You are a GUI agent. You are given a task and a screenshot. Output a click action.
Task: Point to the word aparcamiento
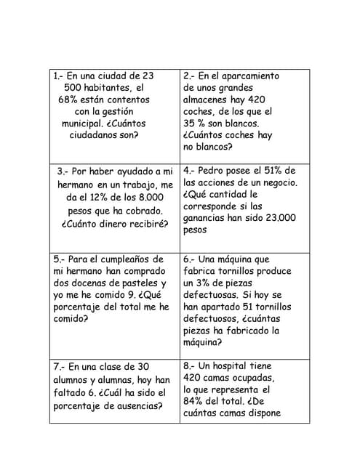click(x=246, y=76)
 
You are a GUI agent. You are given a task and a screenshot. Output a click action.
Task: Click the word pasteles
click(x=138, y=282)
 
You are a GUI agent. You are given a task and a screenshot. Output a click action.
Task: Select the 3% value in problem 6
click(x=208, y=282)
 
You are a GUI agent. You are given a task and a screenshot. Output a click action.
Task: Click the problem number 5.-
click(x=60, y=259)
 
